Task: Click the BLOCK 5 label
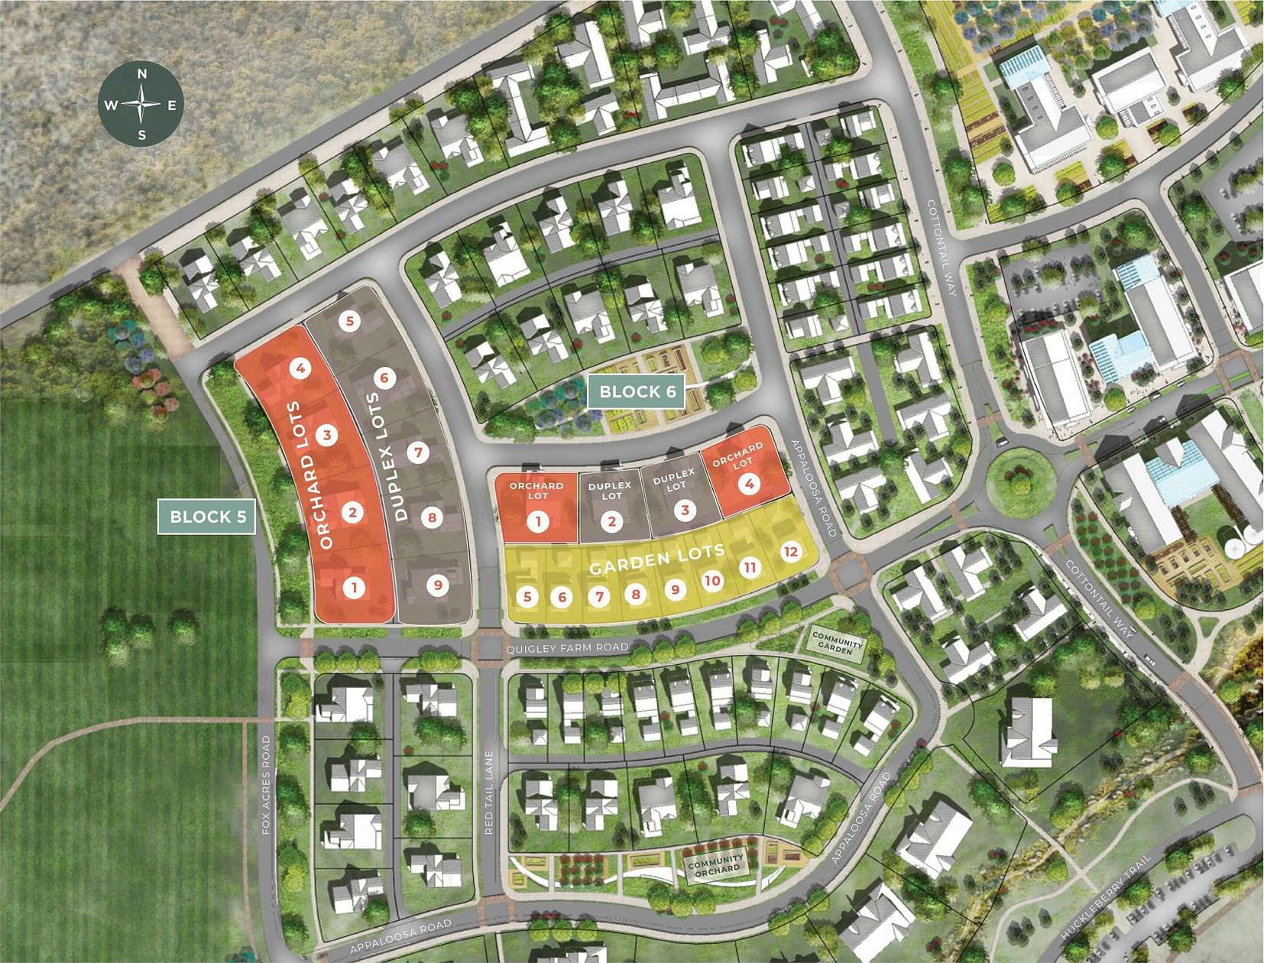click(x=208, y=517)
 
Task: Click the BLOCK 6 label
click(x=637, y=392)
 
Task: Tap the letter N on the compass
click(x=141, y=74)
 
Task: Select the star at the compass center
click(x=141, y=105)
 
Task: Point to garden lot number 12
click(x=790, y=551)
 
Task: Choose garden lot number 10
click(x=711, y=580)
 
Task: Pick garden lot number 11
click(x=750, y=567)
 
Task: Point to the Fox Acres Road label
click(x=266, y=784)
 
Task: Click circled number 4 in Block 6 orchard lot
click(x=749, y=483)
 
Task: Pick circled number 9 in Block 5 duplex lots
click(x=438, y=585)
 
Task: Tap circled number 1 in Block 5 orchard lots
click(x=353, y=588)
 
